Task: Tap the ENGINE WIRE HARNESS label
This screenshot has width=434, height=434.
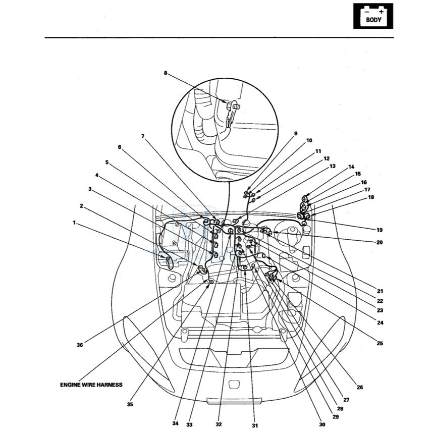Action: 91,385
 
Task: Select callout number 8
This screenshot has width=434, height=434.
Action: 165,73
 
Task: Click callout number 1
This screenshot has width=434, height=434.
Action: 74,222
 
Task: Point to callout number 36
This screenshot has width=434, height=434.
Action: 79,345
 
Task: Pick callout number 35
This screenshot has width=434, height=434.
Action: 130,404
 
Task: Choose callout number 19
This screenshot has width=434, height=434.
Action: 379,230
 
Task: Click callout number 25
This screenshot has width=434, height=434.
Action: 379,343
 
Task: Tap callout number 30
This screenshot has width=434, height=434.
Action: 321,424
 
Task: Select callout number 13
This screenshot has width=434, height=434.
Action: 332,166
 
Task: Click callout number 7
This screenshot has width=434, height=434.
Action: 143,136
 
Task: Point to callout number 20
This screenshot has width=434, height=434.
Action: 379,242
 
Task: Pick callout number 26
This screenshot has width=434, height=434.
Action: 359,388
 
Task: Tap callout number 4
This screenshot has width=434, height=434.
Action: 96,175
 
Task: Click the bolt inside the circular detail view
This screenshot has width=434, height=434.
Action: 233,106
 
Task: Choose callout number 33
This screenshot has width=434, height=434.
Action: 189,424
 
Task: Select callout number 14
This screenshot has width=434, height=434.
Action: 351,167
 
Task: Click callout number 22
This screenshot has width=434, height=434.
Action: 379,301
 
